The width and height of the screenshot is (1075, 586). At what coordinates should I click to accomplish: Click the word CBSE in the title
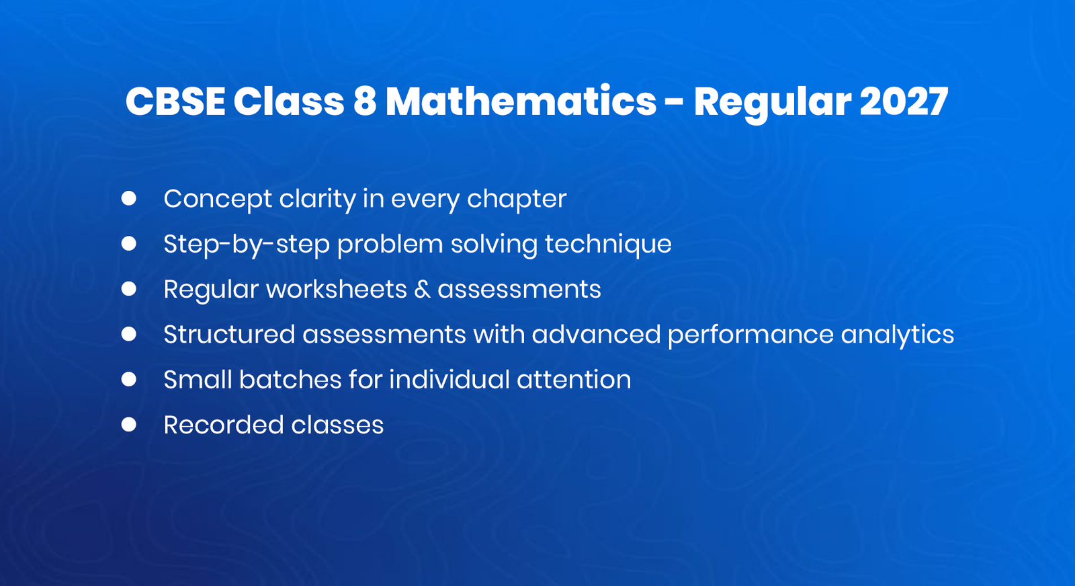(175, 102)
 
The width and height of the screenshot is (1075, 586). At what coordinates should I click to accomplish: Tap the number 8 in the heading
(364, 102)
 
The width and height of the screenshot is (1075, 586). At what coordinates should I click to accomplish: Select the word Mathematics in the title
(521, 102)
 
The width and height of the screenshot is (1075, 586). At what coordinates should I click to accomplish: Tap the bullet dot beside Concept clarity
(129, 198)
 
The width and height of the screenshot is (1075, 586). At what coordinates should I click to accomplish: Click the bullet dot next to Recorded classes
(129, 425)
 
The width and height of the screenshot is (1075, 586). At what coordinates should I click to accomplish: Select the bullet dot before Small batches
(129, 380)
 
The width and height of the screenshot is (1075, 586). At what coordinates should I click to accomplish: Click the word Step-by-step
(247, 245)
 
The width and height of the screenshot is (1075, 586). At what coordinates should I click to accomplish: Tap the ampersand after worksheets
(422, 290)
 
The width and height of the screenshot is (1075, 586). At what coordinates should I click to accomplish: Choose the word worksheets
(337, 290)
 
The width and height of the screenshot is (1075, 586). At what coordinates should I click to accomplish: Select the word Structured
(229, 335)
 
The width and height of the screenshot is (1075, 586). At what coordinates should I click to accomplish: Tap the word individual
(449, 380)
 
